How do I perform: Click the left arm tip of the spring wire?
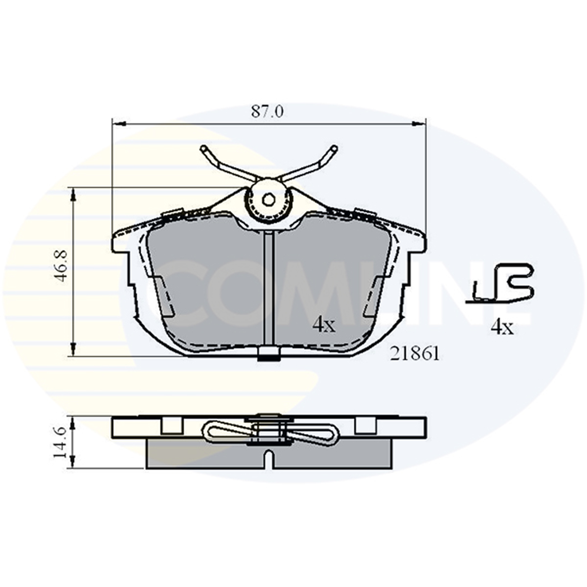pyautogui.click(x=203, y=149)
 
